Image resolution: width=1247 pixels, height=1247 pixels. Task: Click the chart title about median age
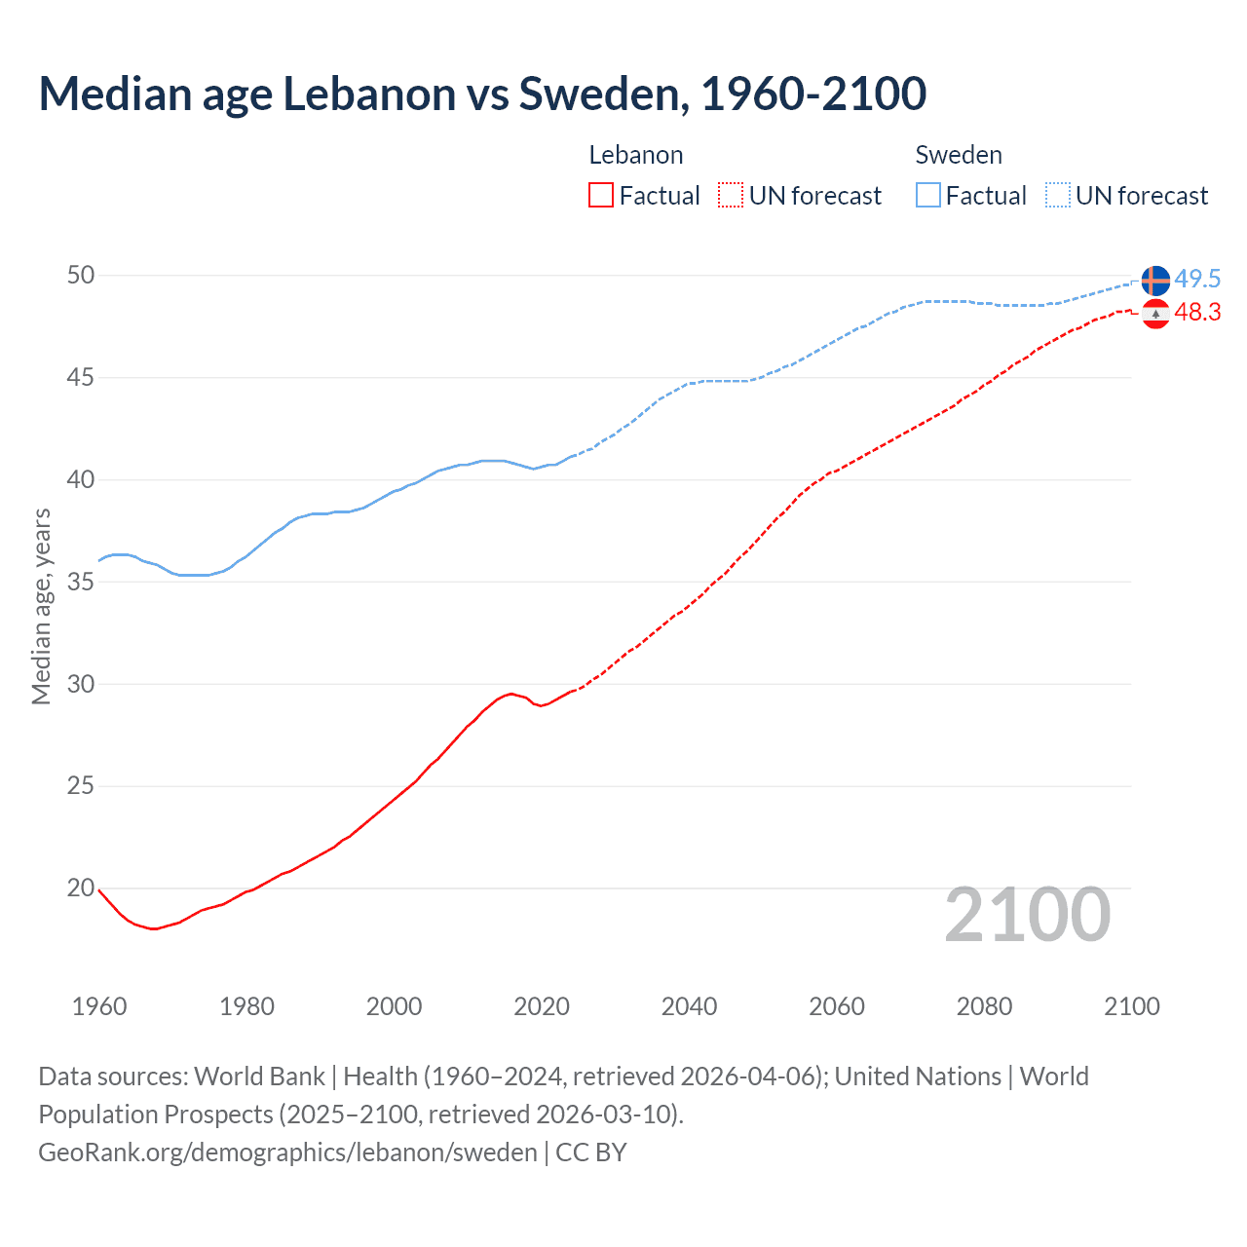(482, 94)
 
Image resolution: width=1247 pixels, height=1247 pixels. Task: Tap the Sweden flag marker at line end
(1155, 281)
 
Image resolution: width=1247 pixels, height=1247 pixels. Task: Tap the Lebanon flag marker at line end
(1155, 314)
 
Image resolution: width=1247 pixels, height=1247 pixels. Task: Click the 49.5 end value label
(1197, 279)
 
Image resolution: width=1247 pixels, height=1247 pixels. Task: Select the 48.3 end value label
(1197, 312)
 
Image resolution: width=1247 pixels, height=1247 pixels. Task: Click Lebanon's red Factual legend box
(601, 195)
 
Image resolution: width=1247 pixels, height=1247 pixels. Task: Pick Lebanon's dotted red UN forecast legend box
(731, 195)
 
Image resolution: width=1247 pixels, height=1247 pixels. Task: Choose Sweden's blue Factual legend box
(928, 195)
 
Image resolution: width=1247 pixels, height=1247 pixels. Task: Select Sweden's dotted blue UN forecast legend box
(1058, 195)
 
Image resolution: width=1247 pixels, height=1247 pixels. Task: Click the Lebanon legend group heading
(636, 155)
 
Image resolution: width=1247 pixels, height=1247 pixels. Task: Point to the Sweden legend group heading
(959, 155)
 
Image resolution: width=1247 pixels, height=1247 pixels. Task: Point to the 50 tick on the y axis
(81, 275)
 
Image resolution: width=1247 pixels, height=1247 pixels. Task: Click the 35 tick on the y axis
(81, 582)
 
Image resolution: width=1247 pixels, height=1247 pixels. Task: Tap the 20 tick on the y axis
(81, 888)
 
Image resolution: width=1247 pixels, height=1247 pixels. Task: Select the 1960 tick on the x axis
(99, 1006)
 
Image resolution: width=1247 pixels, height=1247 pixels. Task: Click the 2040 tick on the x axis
(689, 1006)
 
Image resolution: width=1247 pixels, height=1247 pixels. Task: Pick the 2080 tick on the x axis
(984, 1006)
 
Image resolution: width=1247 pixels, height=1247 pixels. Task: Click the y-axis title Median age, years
(41, 606)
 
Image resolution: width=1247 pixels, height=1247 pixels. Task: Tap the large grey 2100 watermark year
(1028, 915)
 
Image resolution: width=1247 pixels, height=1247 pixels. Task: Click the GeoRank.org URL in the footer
(287, 1153)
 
